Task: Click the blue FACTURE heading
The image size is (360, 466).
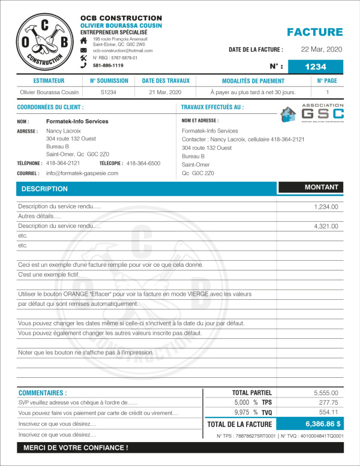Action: (314, 32)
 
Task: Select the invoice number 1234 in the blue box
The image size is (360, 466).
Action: (316, 67)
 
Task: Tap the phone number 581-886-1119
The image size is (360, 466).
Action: (108, 65)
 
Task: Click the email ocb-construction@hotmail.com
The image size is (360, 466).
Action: (122, 51)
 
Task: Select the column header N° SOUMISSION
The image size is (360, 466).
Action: (109, 80)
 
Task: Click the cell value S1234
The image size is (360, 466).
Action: (109, 92)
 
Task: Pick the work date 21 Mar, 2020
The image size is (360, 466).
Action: (166, 92)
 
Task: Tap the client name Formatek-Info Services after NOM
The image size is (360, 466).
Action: (77, 121)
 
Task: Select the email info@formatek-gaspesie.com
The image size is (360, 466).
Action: (82, 173)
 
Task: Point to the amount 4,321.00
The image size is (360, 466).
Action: (326, 226)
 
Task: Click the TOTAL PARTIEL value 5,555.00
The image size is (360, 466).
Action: (326, 392)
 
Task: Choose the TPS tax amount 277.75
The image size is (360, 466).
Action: (328, 402)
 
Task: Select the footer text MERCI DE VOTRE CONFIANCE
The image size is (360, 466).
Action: (76, 447)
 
